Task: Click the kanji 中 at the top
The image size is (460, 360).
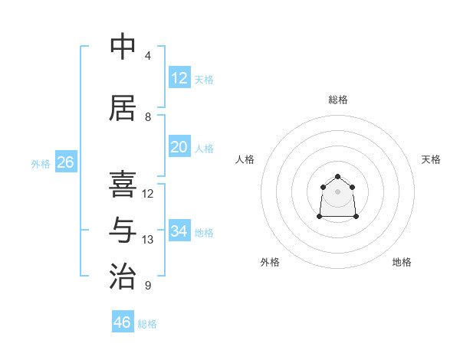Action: [x=123, y=47]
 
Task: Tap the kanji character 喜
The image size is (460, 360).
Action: [x=123, y=184]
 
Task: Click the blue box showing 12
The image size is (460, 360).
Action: [x=179, y=77]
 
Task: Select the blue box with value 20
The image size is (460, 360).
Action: [x=179, y=147]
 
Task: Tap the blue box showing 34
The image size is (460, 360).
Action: [x=179, y=231]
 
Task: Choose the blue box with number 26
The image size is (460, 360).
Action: [x=66, y=162]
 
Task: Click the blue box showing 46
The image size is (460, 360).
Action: [x=123, y=322]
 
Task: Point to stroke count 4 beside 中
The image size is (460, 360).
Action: [x=147, y=56]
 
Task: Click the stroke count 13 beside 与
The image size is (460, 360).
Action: [x=147, y=240]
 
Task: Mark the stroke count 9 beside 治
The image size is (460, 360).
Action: [x=147, y=286]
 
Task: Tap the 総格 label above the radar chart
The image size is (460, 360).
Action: [x=338, y=100]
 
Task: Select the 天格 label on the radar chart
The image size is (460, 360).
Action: [x=432, y=159]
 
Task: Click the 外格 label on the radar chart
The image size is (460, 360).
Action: [x=270, y=262]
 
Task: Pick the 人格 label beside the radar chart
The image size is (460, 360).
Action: [x=245, y=159]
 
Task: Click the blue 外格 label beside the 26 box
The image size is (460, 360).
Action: [x=41, y=163]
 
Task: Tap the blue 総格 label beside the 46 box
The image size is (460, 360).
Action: [x=147, y=324]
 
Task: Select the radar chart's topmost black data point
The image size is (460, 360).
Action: [x=338, y=177]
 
